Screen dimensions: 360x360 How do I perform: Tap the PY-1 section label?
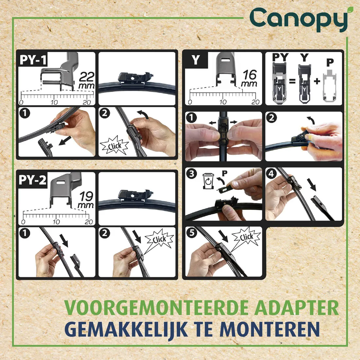tap(33, 60)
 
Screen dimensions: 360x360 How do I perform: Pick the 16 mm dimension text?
tap(249, 78)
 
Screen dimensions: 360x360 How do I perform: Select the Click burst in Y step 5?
tap(246, 237)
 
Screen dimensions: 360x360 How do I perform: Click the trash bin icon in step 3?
tap(208, 181)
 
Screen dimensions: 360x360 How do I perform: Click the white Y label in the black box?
tap(196, 60)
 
